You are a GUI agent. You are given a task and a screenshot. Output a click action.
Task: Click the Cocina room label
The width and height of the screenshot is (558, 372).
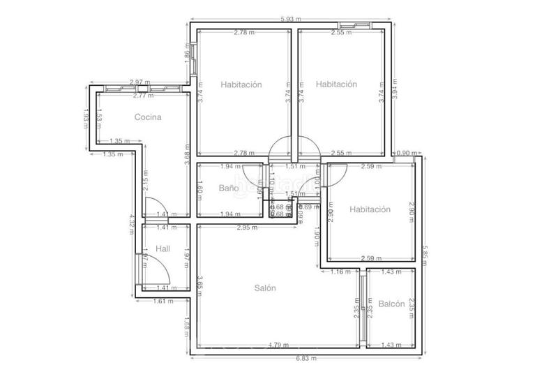[148, 117]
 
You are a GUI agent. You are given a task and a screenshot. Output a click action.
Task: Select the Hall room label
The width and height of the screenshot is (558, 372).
[163, 248]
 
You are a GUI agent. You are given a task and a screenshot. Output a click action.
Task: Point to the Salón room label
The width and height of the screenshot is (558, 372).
[265, 288]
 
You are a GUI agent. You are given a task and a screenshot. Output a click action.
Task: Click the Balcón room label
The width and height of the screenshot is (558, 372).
[392, 304]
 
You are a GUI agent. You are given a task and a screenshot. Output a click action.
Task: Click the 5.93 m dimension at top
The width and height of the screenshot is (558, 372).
[289, 19]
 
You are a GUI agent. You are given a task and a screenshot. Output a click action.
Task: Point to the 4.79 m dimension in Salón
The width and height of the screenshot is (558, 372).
[279, 344]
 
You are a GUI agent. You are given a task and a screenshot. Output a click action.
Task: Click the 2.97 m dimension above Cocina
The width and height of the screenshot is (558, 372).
[140, 82]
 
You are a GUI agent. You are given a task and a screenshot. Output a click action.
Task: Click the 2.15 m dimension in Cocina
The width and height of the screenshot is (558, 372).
[145, 186]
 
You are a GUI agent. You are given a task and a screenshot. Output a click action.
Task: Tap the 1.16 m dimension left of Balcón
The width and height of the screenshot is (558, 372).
[340, 271]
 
